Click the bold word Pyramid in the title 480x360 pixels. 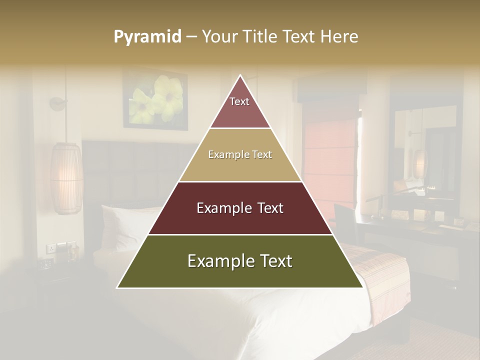147,36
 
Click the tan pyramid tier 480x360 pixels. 240,155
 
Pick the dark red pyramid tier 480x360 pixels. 240,208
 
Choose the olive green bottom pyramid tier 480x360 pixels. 240,261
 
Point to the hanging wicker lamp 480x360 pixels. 66,177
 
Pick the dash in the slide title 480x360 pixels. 191,36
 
